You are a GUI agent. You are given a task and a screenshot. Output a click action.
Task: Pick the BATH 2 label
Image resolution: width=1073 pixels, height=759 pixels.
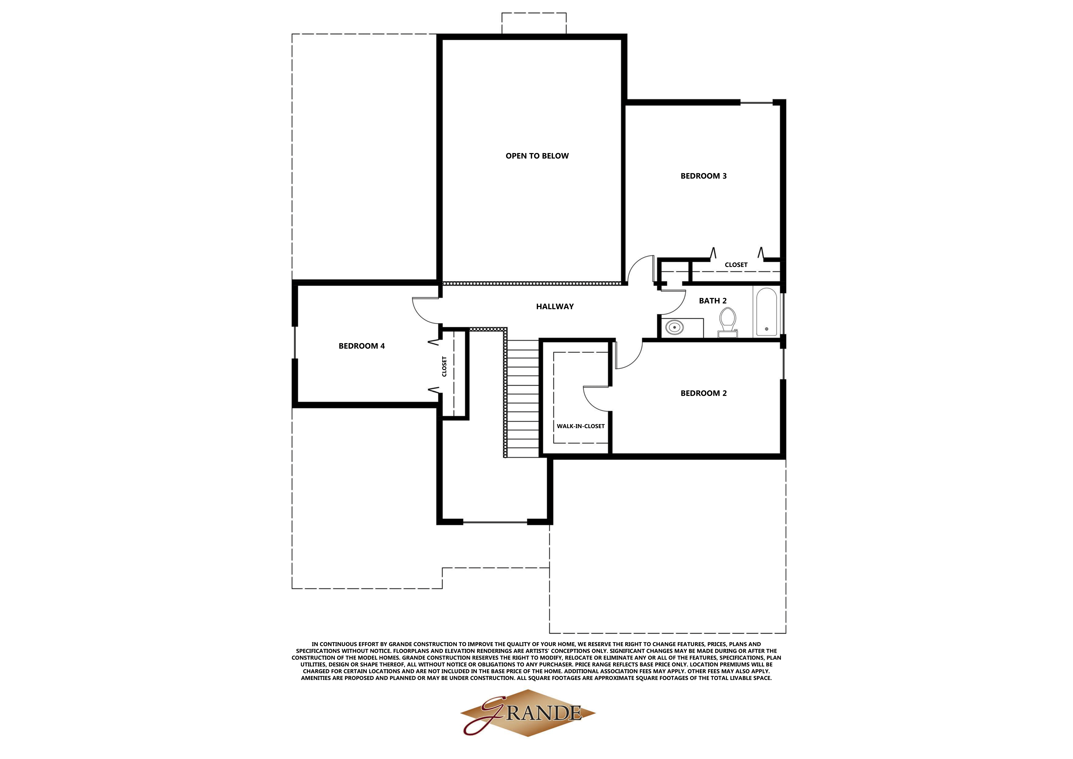pyautogui.click(x=713, y=301)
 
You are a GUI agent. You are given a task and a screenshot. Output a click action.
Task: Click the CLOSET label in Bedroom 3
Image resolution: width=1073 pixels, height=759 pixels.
pyautogui.click(x=736, y=265)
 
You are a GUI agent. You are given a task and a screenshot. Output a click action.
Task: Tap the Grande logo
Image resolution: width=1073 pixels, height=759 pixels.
pyautogui.click(x=528, y=713)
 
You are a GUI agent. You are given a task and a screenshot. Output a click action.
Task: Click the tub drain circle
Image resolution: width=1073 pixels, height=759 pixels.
pyautogui.click(x=766, y=329)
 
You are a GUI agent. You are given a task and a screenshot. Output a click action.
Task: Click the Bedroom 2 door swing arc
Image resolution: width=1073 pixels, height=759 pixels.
pyautogui.click(x=631, y=357)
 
